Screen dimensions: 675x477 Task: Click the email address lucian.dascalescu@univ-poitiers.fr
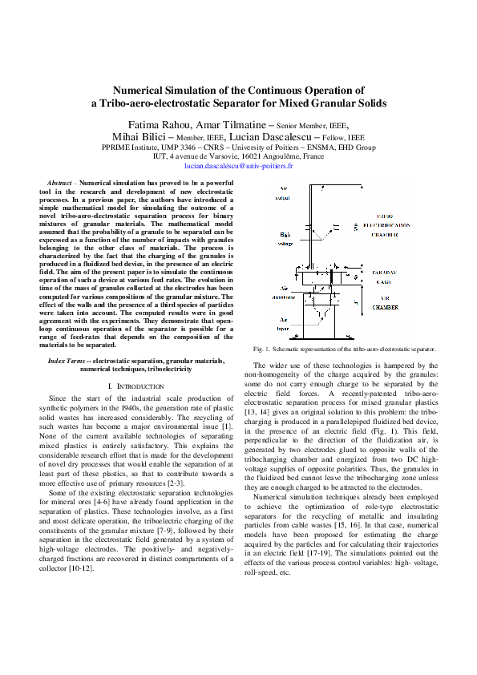[x=238, y=166]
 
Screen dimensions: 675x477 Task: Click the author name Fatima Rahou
[x=159, y=124]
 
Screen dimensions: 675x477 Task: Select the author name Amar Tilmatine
[x=228, y=124]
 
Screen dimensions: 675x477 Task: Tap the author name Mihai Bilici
[x=140, y=137]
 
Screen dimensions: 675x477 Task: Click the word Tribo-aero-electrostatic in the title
[x=156, y=103]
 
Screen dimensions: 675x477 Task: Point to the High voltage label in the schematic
[x=285, y=239]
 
